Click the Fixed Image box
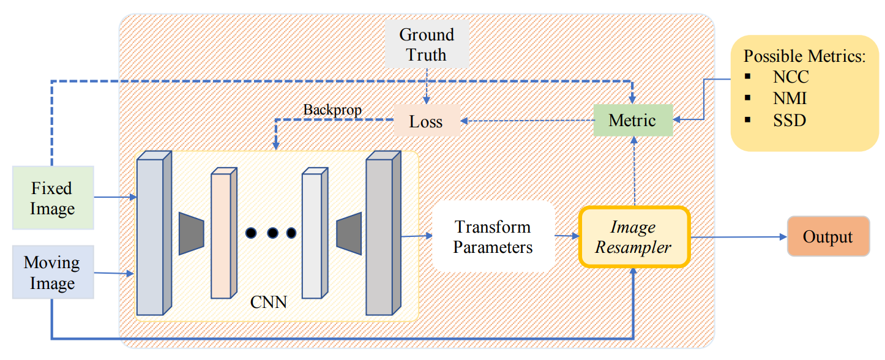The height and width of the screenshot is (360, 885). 53,198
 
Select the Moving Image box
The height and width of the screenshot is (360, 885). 53,272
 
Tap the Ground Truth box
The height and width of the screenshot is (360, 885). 427,45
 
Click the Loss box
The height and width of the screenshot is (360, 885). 426,121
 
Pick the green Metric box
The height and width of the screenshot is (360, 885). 633,120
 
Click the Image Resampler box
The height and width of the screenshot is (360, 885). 633,237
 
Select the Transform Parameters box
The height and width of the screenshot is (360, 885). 493,237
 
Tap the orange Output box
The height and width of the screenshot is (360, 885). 827,236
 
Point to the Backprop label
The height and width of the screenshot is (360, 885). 332,110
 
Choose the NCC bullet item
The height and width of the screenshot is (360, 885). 790,77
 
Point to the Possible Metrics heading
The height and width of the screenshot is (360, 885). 804,56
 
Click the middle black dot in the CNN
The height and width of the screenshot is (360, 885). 272,233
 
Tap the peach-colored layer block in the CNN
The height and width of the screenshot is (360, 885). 224,233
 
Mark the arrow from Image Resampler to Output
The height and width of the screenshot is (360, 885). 738,236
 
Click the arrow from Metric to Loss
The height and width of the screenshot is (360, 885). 526,121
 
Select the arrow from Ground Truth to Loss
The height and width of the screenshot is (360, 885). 427,86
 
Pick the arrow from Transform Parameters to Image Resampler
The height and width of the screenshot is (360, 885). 566,236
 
